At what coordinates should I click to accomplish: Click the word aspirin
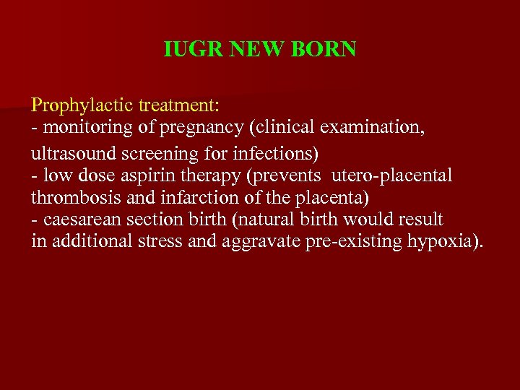(x=144, y=175)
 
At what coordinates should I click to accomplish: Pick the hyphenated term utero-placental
(x=395, y=175)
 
